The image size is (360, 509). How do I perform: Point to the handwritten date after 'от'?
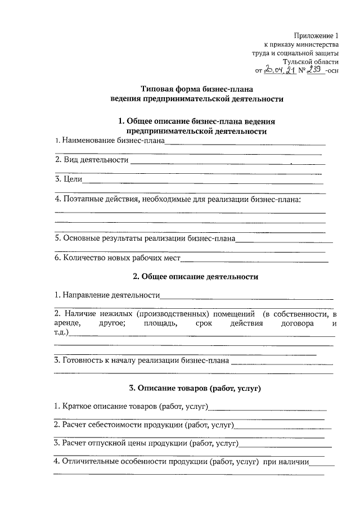coord(280,71)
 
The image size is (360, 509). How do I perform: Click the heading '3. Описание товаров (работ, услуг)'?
coord(195,388)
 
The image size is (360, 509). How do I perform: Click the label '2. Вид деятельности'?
coord(92,160)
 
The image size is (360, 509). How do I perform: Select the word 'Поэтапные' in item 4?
coord(81,199)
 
